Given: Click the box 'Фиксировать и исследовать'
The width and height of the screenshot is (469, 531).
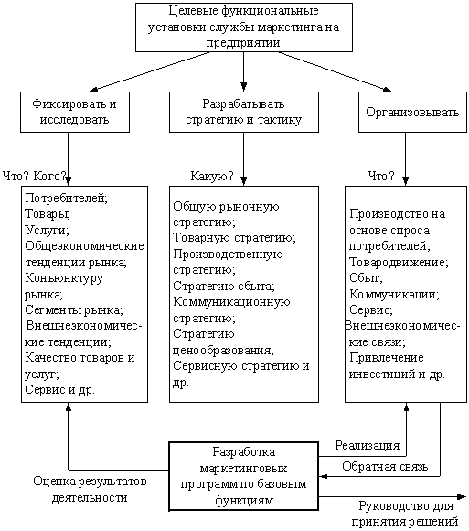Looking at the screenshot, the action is (x=75, y=112).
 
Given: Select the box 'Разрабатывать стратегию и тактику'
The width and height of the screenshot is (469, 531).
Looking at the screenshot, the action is (x=244, y=112).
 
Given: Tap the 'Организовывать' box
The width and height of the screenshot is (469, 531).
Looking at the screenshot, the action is (x=412, y=112).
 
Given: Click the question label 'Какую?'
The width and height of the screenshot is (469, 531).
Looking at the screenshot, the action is (x=212, y=176).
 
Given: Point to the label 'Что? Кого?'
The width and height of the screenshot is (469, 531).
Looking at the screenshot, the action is (x=35, y=176).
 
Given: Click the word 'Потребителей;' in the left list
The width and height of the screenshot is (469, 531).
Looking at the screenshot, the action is (x=66, y=198).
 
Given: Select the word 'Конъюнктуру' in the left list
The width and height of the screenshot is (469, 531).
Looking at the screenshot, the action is (x=64, y=278).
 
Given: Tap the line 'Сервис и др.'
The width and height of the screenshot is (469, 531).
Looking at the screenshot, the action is (x=59, y=390).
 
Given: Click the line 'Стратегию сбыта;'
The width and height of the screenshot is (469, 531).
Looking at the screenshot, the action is (x=224, y=287).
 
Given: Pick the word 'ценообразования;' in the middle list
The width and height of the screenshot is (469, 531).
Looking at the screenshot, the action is (x=223, y=351).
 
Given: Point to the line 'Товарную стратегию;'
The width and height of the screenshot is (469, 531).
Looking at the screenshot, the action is (x=234, y=238).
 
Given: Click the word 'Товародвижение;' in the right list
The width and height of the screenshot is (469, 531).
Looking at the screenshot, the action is (x=399, y=263).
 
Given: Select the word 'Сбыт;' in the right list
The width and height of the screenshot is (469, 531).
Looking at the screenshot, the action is (x=366, y=278).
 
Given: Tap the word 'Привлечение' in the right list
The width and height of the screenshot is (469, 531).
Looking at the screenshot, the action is (x=387, y=358).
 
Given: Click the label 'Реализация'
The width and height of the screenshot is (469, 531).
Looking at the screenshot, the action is (x=368, y=445).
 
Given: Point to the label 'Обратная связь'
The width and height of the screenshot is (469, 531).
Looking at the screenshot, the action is (x=385, y=467).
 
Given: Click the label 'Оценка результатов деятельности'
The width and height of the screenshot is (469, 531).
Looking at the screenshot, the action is (x=90, y=490).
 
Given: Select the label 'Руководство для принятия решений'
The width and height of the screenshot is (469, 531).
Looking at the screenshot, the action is (x=405, y=515).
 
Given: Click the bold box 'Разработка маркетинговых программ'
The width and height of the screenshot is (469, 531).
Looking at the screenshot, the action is (x=244, y=476).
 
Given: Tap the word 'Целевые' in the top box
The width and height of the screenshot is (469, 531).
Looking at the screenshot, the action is (x=194, y=11).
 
